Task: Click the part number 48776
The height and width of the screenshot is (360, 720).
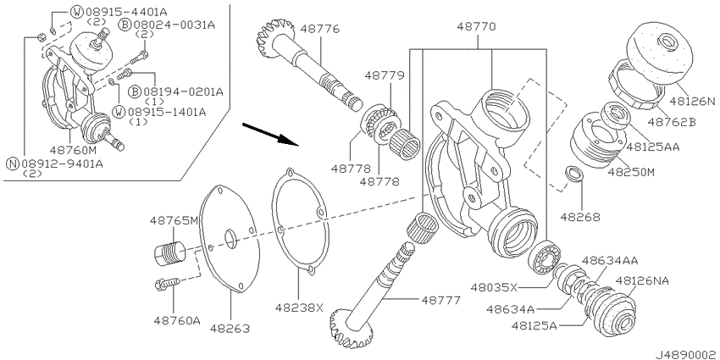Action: [x=320, y=29]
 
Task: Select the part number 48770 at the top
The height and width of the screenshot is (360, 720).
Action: [x=476, y=26]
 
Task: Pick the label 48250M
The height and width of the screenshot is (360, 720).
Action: [x=631, y=172]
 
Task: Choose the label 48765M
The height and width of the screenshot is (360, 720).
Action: [x=174, y=220]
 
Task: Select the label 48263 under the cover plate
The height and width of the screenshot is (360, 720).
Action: [x=230, y=329]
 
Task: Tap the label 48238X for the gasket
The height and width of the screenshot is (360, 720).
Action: [x=299, y=307]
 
